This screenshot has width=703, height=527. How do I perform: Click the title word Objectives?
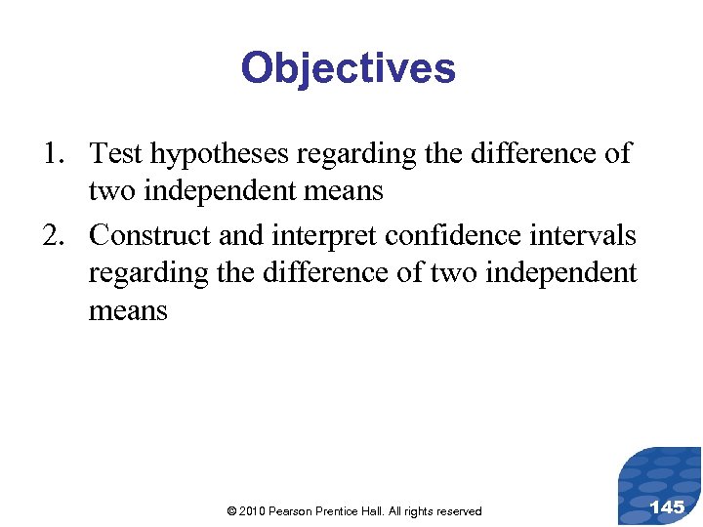pyautogui.click(x=348, y=69)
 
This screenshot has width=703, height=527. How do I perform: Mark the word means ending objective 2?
pyautogui.click(x=128, y=312)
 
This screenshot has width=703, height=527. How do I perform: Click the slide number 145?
pyautogui.click(x=667, y=507)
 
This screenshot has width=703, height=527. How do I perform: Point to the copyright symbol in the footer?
pyautogui.click(x=229, y=511)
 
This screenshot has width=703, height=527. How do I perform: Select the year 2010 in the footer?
pyautogui.click(x=250, y=511)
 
